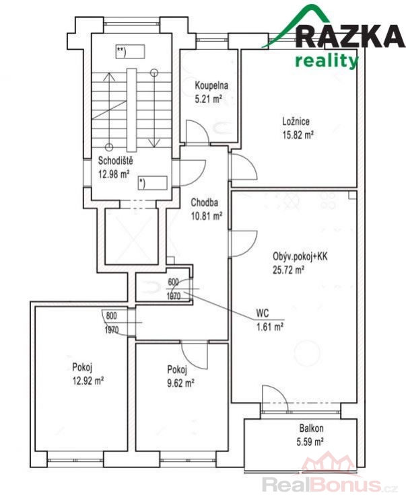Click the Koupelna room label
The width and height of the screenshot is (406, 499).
tap(211, 85)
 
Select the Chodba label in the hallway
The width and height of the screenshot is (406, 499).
tap(204, 202)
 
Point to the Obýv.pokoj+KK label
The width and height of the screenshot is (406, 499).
tap(300, 256)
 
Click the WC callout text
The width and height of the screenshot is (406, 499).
tap(263, 313)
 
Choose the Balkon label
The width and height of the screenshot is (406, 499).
tap(311, 428)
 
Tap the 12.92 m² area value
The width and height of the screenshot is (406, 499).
tap(88, 381)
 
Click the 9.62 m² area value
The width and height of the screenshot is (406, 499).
tap(180, 383)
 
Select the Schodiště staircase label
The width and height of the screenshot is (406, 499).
tap(115, 161)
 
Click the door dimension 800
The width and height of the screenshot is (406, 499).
tap(112, 315)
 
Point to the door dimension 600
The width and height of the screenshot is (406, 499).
tap(173, 282)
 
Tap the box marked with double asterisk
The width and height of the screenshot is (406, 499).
tap(130, 52)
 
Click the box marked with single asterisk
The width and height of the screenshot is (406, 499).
tap(153, 183)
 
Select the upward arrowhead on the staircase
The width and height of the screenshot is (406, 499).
tap(109, 77)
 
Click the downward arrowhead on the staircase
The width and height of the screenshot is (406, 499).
tap(154, 143)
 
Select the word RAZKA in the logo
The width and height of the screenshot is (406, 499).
tap(350, 36)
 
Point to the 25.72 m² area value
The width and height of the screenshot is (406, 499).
tap(288, 270)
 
